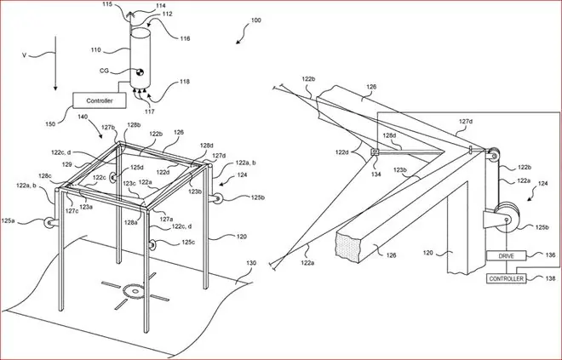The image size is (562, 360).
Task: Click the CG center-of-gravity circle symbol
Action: coord(140,72)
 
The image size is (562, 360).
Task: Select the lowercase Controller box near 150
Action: coord(100,100)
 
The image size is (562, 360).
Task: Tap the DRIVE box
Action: coord(506,256)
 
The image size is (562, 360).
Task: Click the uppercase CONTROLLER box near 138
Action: coord(507,278)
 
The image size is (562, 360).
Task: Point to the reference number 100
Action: coord(255,20)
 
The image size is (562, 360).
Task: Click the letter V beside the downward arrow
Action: coord(25,55)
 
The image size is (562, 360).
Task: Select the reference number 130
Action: coord(251,263)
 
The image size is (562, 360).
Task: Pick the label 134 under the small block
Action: coord(376,174)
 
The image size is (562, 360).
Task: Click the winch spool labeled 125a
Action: coord(49,223)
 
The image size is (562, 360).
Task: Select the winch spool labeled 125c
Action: coord(152,244)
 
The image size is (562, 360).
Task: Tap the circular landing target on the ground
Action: coord(134,291)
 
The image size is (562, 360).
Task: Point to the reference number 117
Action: coord(150,111)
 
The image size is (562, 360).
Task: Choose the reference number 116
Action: coord(185,38)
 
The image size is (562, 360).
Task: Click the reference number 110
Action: coord(95,50)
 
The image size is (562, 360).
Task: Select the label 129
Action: coord(66,165)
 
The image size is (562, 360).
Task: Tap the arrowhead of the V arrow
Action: coord(55,88)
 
